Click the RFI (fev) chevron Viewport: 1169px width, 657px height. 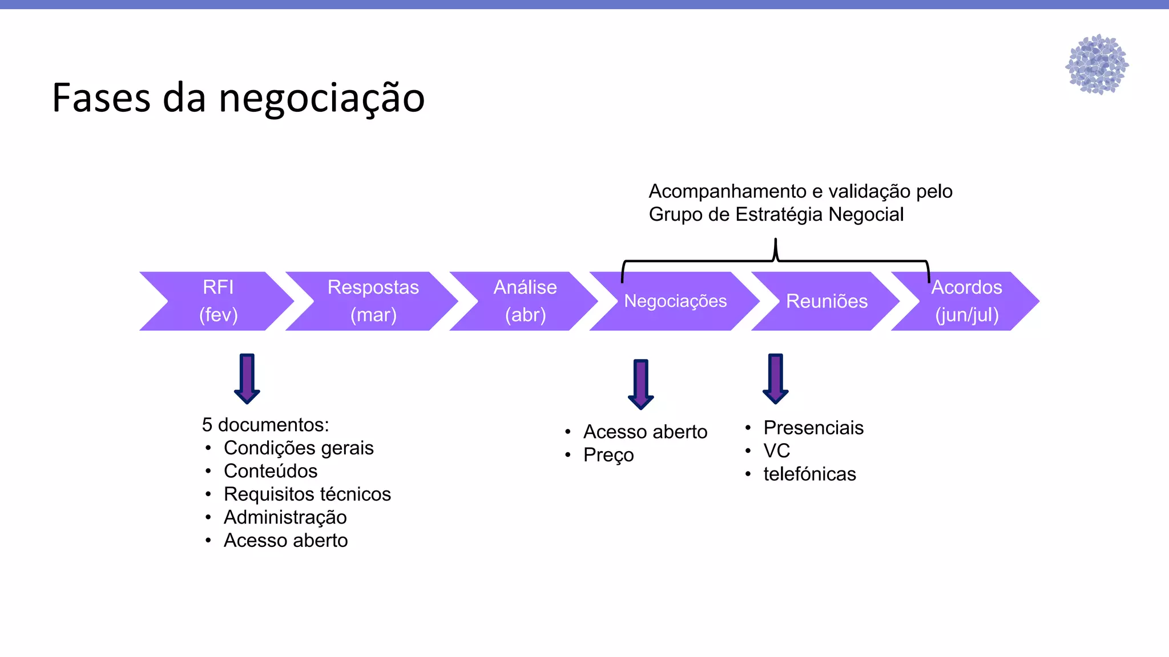point(218,301)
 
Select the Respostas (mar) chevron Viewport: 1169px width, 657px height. point(373,301)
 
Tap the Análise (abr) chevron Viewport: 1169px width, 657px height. point(525,301)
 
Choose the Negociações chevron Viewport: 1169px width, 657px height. point(675,301)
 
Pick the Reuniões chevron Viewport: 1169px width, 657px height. point(827,301)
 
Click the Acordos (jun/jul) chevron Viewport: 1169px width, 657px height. point(967,301)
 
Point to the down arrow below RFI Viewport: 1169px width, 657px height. point(247,379)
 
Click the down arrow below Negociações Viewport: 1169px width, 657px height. point(641,384)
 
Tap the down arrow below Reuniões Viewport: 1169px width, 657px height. point(776,379)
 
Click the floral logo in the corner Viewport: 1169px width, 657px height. point(1097,64)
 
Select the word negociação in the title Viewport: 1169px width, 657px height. point(322,98)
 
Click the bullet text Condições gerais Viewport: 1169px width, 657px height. point(299,448)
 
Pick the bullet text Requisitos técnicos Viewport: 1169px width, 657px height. point(307,494)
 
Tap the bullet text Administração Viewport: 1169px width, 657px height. point(285,518)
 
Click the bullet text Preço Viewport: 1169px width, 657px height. point(608,456)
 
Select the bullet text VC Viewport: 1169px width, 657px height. point(777,451)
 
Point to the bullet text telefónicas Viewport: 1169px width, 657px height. point(809,474)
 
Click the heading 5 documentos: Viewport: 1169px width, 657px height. point(265,425)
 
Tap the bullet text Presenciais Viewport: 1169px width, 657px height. point(813,428)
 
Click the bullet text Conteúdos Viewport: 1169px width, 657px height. point(271,472)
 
